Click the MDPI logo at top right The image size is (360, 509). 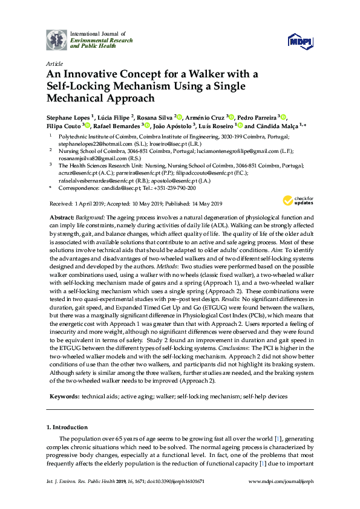pos(299,41)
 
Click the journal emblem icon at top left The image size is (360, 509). pos(56,39)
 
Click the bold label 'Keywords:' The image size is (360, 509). pos(63,396)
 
